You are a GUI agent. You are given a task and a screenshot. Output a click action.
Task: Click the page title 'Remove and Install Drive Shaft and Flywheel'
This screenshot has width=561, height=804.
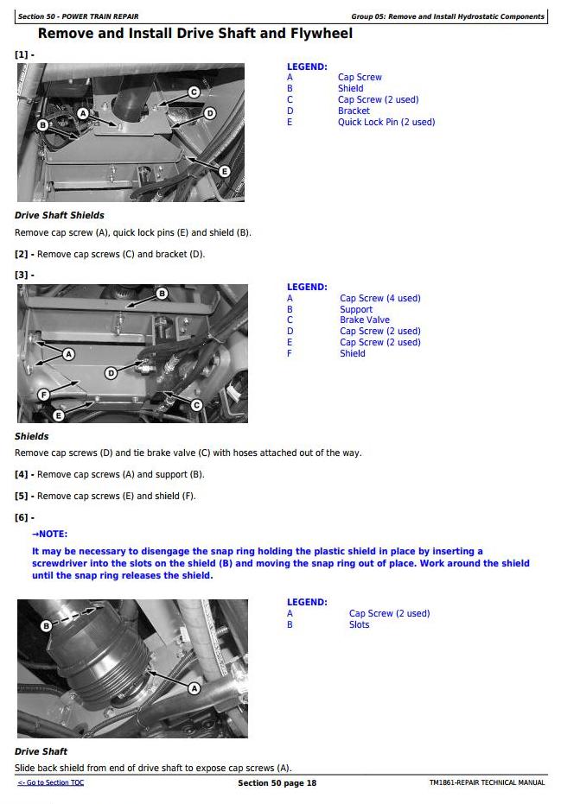pos(195,35)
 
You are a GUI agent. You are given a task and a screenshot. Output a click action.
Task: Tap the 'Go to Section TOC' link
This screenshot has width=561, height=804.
pos(51,782)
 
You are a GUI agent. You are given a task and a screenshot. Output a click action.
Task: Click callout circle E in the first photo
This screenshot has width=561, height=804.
pos(225,171)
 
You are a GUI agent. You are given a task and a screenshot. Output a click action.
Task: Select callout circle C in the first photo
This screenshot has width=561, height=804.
pos(194,92)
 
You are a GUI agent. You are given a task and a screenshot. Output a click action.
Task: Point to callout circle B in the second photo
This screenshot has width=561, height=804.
pos(162,294)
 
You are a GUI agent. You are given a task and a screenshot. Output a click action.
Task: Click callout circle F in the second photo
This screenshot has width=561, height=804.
pos(43,395)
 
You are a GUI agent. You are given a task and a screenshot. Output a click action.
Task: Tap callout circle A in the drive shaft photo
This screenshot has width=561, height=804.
pos(194,687)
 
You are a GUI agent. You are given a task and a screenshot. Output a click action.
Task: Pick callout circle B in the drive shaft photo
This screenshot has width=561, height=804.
pos(47,625)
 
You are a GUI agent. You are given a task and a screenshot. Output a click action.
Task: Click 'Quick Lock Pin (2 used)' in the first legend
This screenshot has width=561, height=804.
pos(386,122)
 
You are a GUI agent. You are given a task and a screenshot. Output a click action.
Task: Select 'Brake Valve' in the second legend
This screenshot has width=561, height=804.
pos(365,320)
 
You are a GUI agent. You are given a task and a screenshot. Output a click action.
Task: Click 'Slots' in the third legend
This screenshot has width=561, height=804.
pos(359,624)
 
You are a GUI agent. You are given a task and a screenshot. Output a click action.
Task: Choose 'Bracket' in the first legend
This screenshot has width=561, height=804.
pos(354,111)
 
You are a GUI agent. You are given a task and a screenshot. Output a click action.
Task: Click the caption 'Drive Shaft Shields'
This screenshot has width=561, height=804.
pos(60,215)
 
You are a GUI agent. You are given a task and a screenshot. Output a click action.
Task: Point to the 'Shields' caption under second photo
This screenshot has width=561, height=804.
pos(32,436)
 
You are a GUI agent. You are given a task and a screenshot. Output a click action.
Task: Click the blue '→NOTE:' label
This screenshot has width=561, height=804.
pos(49,534)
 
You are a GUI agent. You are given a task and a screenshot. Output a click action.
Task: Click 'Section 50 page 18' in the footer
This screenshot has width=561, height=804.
pos(277,783)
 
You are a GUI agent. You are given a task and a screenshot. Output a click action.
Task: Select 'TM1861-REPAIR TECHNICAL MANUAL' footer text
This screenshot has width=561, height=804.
pos(487,782)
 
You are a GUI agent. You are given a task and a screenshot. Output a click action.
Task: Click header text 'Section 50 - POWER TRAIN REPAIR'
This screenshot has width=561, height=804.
pos(78,16)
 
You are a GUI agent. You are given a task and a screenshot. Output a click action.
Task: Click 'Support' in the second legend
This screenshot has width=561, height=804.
pos(356,309)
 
